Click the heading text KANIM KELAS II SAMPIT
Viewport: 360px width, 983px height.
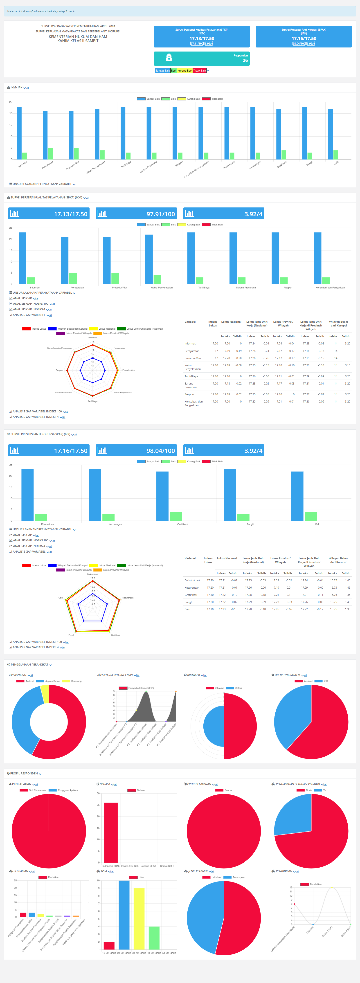[78, 41]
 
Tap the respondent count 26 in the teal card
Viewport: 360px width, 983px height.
[245, 60]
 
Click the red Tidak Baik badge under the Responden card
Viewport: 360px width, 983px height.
[199, 71]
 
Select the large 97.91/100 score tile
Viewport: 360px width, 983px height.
[136, 214]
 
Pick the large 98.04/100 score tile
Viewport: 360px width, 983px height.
[136, 450]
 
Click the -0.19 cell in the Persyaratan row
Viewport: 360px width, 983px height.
[238, 351]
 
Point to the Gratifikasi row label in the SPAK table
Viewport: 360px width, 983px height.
[191, 594]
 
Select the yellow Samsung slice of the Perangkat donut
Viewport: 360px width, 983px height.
[45, 693]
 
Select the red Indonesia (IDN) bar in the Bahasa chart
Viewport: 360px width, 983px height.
[111, 832]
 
